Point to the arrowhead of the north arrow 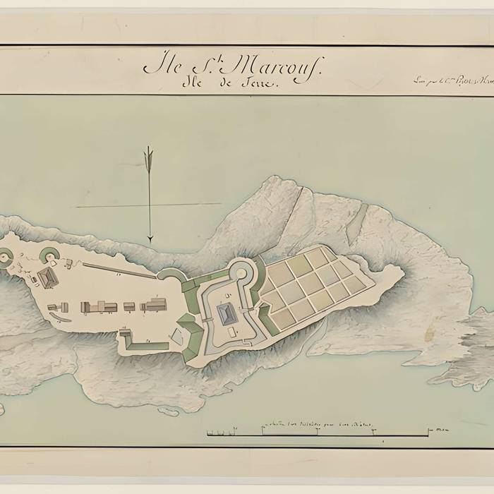pyautogui.click(x=150, y=238)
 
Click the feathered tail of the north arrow pyautogui.click(x=149, y=156)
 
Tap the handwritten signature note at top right pyautogui.click(x=452, y=80)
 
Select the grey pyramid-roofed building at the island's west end pyautogui.click(x=48, y=278)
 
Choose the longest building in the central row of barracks pyautogui.click(x=99, y=306)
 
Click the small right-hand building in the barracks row pyautogui.click(x=154, y=306)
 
